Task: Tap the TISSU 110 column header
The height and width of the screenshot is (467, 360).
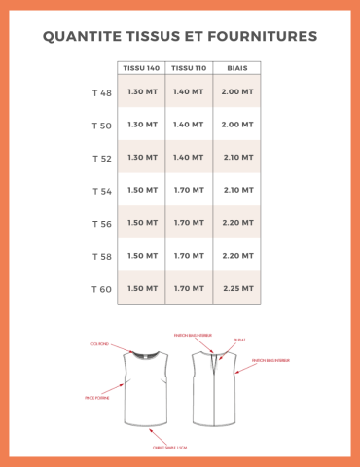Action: (189, 68)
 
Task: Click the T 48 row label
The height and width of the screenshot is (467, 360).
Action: (101, 92)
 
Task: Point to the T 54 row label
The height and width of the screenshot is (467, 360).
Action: (101, 191)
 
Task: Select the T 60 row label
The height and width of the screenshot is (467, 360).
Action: (101, 289)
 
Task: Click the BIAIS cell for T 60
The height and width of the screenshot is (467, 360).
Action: (237, 289)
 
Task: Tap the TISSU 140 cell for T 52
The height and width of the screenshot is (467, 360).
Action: (142, 158)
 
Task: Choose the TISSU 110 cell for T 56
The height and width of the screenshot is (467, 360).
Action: (189, 223)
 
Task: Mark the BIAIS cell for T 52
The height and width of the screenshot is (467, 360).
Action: (237, 158)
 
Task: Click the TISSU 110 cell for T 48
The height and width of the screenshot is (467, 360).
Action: (189, 91)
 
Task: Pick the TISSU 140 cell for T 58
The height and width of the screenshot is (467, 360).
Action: (142, 256)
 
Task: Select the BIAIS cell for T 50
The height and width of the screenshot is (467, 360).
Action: (237, 125)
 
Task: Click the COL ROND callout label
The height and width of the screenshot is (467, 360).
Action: (99, 343)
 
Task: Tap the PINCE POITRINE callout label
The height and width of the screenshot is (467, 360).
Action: (96, 398)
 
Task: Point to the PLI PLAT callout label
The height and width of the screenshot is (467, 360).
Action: (239, 340)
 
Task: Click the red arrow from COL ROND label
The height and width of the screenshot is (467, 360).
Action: (123, 349)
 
